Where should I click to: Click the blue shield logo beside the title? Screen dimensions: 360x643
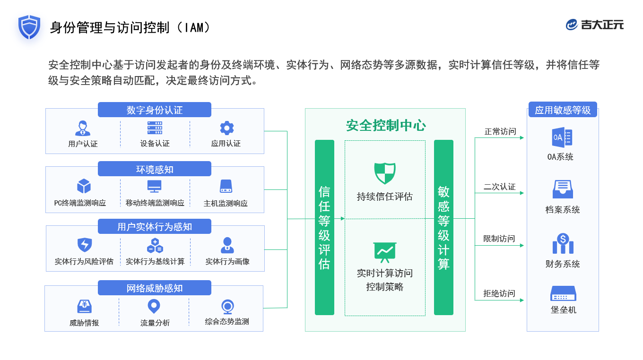pyautogui.click(x=29, y=27)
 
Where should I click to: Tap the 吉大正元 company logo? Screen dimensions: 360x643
pyautogui.click(x=595, y=25)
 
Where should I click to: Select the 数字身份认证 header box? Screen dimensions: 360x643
pyautogui.click(x=155, y=110)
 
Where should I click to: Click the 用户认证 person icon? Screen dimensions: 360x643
pyautogui.click(x=83, y=128)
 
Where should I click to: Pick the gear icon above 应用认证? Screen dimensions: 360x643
pyautogui.click(x=227, y=128)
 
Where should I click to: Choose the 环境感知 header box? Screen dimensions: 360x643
pyautogui.click(x=155, y=169)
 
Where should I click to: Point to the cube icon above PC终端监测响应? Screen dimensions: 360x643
pyautogui.click(x=84, y=186)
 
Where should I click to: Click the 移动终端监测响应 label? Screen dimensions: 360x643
pyautogui.click(x=155, y=203)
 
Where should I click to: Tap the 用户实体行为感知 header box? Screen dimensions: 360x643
pyautogui.click(x=155, y=227)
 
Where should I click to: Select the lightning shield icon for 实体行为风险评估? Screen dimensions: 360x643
pyautogui.click(x=84, y=245)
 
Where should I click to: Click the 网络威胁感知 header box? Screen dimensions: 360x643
pyautogui.click(x=155, y=288)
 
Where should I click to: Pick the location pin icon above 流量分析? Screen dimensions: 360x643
pyautogui.click(x=154, y=306)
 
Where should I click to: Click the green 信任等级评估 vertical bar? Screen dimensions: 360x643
pyautogui.click(x=324, y=227)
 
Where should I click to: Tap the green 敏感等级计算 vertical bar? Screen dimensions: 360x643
pyautogui.click(x=443, y=227)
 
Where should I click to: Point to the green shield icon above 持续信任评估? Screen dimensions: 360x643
pyautogui.click(x=385, y=173)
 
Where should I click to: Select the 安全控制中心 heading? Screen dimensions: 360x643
pyautogui.click(x=386, y=126)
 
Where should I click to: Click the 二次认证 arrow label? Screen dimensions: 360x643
pyautogui.click(x=499, y=187)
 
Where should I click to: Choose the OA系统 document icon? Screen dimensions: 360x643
pyautogui.click(x=562, y=137)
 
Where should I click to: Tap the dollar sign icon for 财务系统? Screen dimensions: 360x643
pyautogui.click(x=563, y=243)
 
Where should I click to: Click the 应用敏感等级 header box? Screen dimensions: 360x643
pyautogui.click(x=563, y=110)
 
